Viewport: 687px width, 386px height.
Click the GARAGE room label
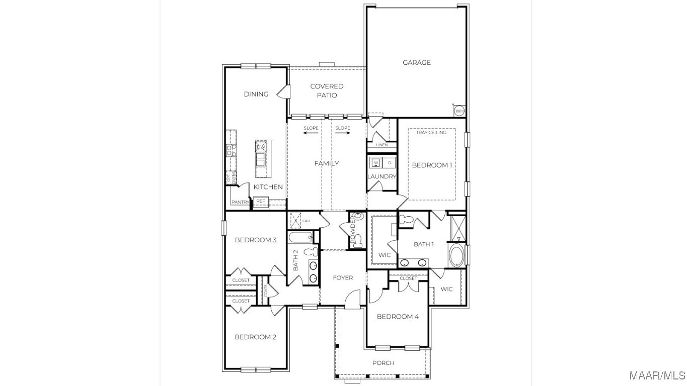pyautogui.click(x=417, y=62)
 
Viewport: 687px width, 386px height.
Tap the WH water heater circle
pyautogui.click(x=459, y=111)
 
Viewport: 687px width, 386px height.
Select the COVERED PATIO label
pyautogui.click(x=327, y=90)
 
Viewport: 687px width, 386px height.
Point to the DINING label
pyautogui.click(x=256, y=94)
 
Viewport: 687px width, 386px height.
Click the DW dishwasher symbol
pyautogui.click(x=261, y=147)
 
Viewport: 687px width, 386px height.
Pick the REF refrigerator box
pyautogui.click(x=260, y=201)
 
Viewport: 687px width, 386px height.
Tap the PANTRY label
pyautogui.click(x=240, y=202)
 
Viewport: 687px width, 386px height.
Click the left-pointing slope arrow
pyautogui.click(x=311, y=133)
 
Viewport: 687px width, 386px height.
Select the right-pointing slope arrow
pyautogui.click(x=343, y=133)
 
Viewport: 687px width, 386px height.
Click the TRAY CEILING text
pyautogui.click(x=431, y=132)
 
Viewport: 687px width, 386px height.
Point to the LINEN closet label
pyautogui.click(x=381, y=145)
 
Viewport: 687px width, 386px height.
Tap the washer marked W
pyautogui.click(x=376, y=162)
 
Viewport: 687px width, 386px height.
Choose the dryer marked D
pyautogui.click(x=390, y=163)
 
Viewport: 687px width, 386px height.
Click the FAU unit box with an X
pyautogui.click(x=295, y=220)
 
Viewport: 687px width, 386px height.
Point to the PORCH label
pyautogui.click(x=383, y=363)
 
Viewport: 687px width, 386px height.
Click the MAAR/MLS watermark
pyautogui.click(x=657, y=375)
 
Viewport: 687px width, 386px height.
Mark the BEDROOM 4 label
pyautogui.click(x=398, y=317)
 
